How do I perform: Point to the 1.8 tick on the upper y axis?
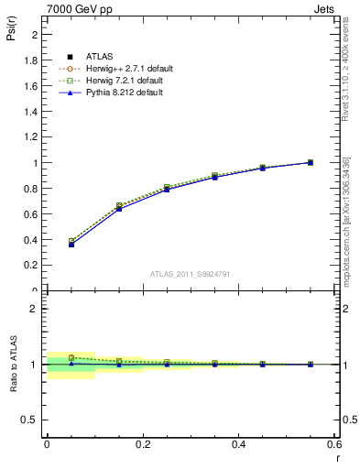[x=32, y=60]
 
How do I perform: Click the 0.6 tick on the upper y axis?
[x=32, y=214]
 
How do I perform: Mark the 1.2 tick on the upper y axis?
[x=32, y=137]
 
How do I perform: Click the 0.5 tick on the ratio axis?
[x=31, y=420]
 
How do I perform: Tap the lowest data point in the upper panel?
[x=47, y=245]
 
